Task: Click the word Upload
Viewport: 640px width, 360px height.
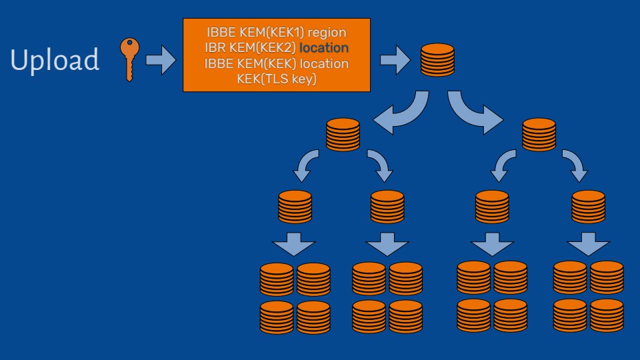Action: point(55,60)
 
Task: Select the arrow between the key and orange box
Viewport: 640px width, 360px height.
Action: point(161,60)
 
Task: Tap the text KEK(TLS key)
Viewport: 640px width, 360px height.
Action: point(276,79)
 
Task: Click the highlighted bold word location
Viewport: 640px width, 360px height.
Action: point(324,48)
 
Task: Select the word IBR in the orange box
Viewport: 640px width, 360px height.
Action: point(217,48)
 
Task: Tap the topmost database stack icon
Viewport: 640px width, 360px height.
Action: point(438,59)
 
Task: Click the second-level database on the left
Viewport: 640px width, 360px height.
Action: point(343,134)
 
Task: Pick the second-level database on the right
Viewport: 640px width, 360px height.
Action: point(539,134)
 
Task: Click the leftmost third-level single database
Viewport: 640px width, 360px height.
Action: point(295,207)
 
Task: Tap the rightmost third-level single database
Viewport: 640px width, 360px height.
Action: point(589,207)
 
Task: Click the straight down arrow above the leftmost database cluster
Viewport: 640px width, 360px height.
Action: point(294,244)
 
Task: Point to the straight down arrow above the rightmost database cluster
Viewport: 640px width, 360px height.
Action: point(587,244)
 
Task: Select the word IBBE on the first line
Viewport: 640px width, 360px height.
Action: point(221,31)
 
